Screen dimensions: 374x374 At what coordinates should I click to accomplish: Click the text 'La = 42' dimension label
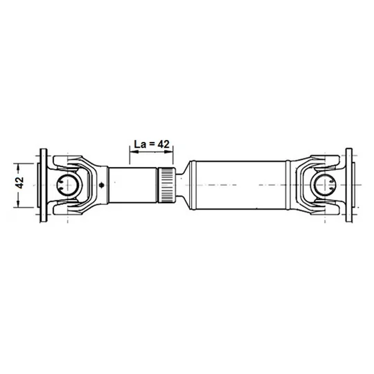pos(152,144)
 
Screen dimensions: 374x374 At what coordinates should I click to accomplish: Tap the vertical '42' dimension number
pos(20,182)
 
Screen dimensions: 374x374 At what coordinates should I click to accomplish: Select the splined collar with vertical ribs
pos(166,185)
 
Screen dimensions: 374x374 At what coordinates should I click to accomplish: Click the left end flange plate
pos(43,186)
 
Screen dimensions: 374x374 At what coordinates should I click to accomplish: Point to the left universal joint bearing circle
pos(68,185)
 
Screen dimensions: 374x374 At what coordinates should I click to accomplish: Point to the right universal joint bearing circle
pos(325,185)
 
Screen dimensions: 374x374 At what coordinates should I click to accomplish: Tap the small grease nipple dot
pos(102,185)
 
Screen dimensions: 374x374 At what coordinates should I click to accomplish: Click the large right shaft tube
pos(240,185)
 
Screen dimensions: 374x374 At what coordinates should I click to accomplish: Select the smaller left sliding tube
pos(132,185)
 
